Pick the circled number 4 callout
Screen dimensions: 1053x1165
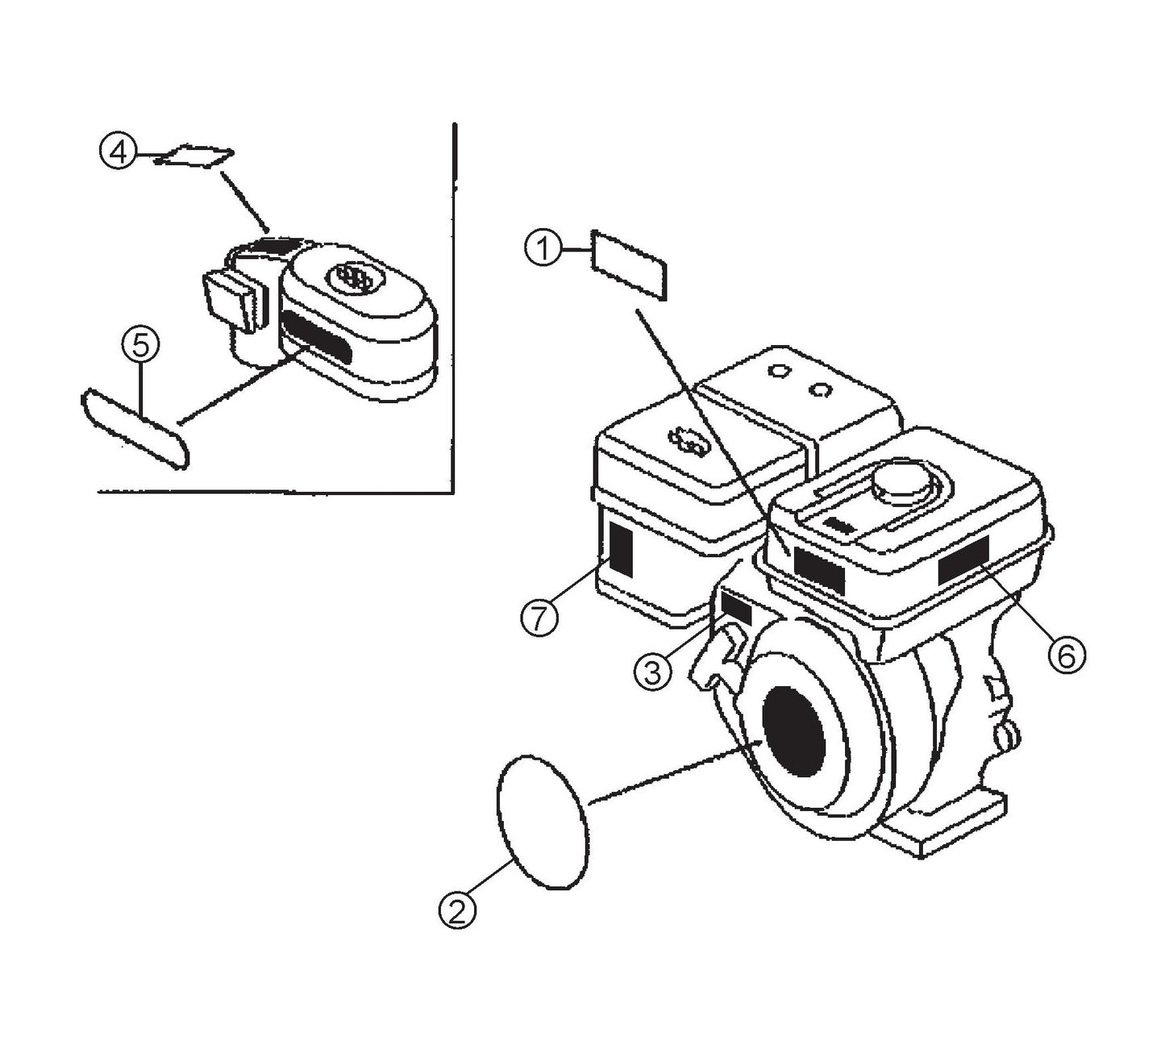[x=118, y=152]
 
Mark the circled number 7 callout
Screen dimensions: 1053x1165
[x=539, y=618]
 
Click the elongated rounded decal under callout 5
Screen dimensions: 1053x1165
[x=135, y=427]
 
